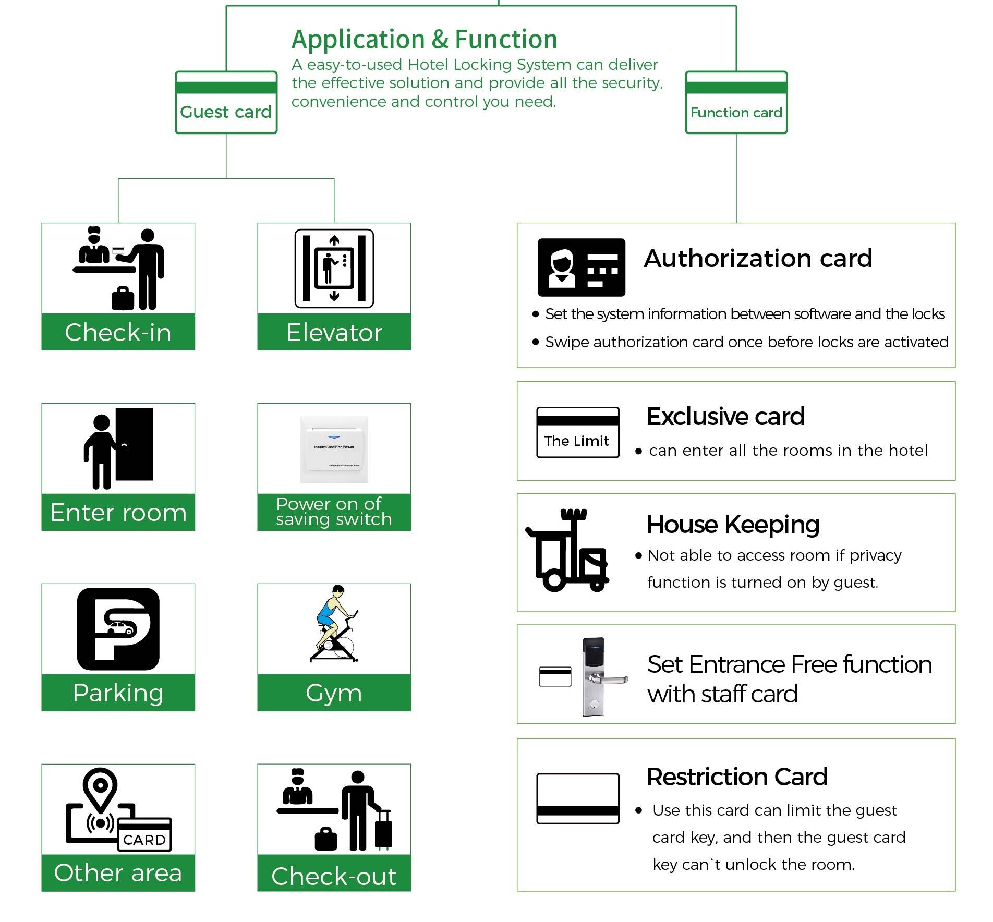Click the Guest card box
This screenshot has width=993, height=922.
pyautogui.click(x=226, y=103)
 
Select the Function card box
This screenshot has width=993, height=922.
pyautogui.click(x=736, y=103)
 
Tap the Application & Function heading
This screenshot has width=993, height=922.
pyautogui.click(x=424, y=39)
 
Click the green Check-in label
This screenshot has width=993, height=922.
pyautogui.click(x=118, y=332)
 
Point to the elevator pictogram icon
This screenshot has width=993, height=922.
pyautogui.click(x=334, y=269)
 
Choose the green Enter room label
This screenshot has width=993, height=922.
pyautogui.click(x=118, y=512)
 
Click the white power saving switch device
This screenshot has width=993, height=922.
pyautogui.click(x=334, y=450)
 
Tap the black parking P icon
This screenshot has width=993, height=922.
pyautogui.click(x=118, y=629)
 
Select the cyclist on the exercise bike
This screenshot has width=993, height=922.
pyautogui.click(x=334, y=624)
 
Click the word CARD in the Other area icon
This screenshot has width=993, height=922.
pyautogui.click(x=144, y=840)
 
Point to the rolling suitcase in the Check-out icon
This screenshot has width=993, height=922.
pyautogui.click(x=383, y=829)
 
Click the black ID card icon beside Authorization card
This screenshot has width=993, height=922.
pyautogui.click(x=582, y=268)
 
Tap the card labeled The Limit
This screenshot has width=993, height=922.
pyautogui.click(x=578, y=432)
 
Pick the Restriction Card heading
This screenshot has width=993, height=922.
pyautogui.click(x=737, y=777)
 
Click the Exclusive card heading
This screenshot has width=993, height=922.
pyautogui.click(x=725, y=416)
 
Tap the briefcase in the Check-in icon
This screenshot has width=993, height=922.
pyautogui.click(x=123, y=299)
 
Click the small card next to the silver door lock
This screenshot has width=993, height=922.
pyautogui.click(x=555, y=676)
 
